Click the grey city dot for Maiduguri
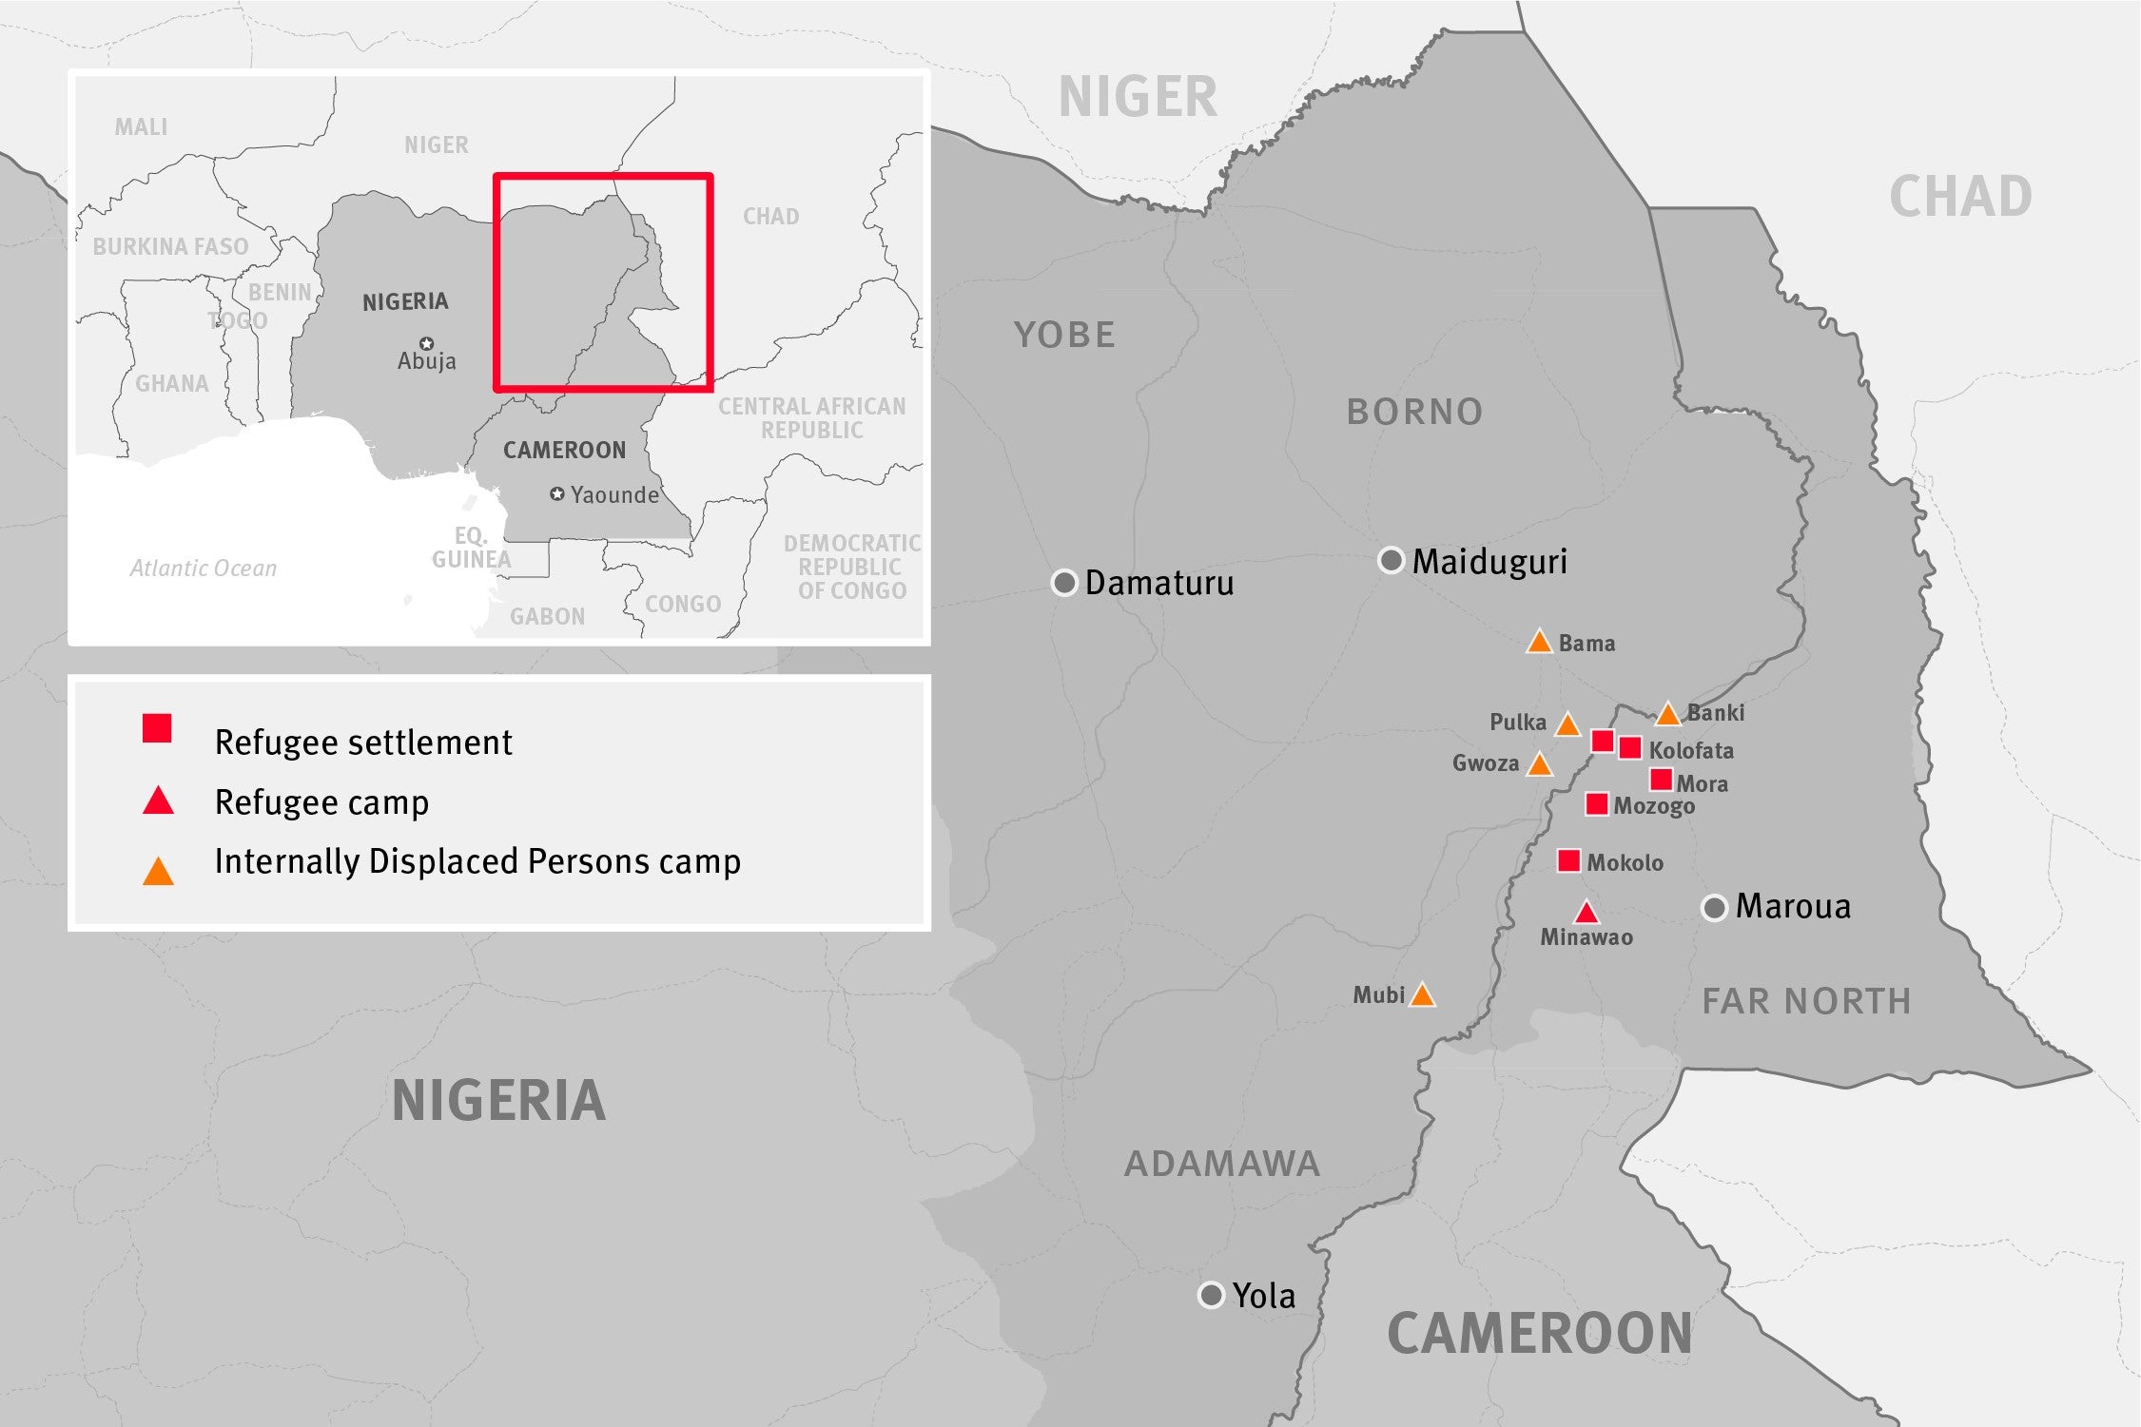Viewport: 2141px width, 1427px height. tap(1392, 561)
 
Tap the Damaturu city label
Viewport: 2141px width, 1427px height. tap(1158, 583)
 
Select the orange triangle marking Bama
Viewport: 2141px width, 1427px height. tap(1539, 643)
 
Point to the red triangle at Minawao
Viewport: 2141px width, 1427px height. tap(1586, 914)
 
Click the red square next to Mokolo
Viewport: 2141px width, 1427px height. tap(1568, 861)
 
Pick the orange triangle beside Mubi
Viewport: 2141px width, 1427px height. tap(1422, 995)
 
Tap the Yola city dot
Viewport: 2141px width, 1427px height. tap(1211, 1295)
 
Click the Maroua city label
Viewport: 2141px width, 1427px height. tap(1793, 906)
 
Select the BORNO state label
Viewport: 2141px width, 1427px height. tap(1414, 412)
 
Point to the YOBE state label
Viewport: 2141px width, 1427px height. tap(1064, 335)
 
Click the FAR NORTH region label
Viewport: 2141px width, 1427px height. tap(1806, 1001)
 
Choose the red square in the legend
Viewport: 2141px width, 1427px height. tap(157, 728)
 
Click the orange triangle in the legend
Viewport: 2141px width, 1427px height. tap(158, 872)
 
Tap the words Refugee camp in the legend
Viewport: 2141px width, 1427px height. tap(321, 802)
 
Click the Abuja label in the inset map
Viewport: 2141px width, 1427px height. tap(426, 361)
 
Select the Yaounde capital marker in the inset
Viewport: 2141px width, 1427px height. tap(557, 494)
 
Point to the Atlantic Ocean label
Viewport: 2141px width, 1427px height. tap(203, 569)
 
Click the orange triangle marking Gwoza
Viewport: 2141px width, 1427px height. tap(1539, 764)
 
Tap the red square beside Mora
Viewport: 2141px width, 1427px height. tap(1661, 780)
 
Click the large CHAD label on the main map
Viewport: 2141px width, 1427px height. tap(1960, 197)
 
